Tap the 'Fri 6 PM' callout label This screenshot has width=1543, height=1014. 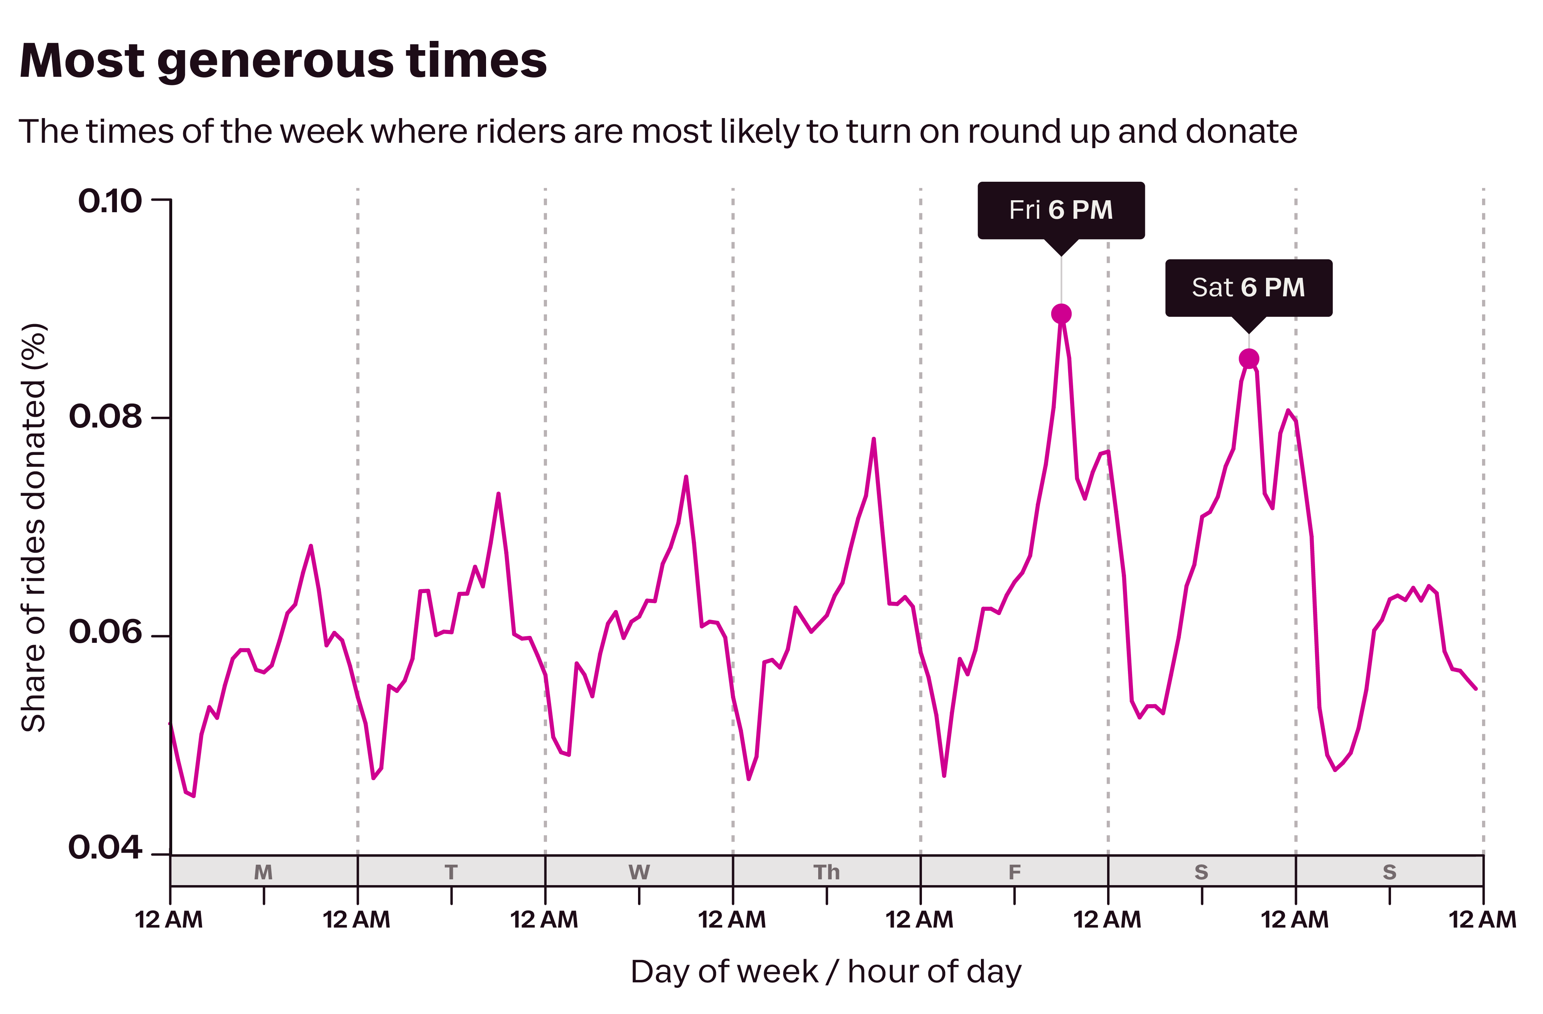tap(1061, 210)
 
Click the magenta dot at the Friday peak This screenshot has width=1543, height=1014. tap(1061, 314)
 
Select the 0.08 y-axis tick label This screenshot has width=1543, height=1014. tap(105, 416)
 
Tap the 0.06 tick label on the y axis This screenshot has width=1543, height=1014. tap(105, 632)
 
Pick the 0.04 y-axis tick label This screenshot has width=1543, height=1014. tap(105, 847)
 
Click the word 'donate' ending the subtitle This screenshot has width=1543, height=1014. tap(1241, 132)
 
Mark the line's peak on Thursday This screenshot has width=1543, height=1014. tap(873, 439)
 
